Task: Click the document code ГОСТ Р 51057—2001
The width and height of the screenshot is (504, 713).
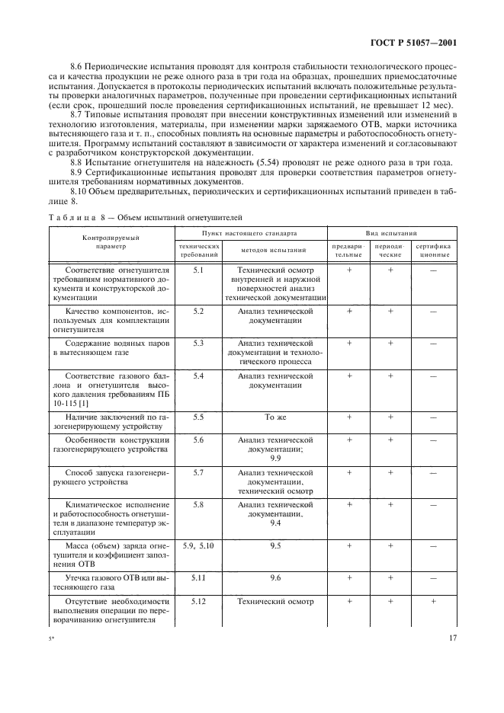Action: pos(423,43)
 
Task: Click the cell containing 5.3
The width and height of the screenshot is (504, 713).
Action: pos(198,343)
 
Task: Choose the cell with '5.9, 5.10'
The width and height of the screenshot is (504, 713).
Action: pos(198,545)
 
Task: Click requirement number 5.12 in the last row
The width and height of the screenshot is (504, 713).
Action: pos(198,602)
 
